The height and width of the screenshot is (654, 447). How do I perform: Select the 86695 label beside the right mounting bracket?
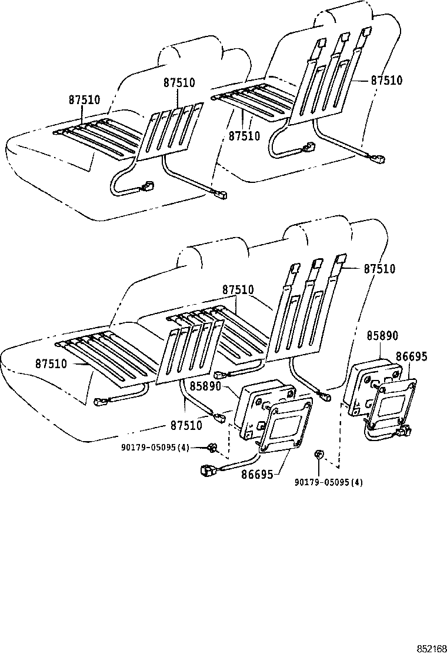pos(411,356)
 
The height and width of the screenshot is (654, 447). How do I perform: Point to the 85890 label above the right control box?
pos(382,336)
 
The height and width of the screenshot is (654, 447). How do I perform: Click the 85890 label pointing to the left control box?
pos(205,386)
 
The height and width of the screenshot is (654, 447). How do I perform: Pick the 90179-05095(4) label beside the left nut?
pos(155,448)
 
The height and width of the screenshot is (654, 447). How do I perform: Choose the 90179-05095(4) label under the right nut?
pos(329,482)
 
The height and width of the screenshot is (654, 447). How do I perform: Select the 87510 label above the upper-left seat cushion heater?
pos(84,100)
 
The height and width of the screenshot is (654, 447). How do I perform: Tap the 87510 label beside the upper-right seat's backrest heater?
pos(386,81)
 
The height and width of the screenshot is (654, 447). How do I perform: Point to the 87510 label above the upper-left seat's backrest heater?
pos(179,83)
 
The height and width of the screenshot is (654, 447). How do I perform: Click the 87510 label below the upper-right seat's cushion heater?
pos(244,136)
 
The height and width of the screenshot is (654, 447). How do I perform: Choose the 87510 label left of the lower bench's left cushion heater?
pos(51,363)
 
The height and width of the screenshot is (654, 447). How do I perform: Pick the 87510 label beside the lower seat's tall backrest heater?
pos(379,269)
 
